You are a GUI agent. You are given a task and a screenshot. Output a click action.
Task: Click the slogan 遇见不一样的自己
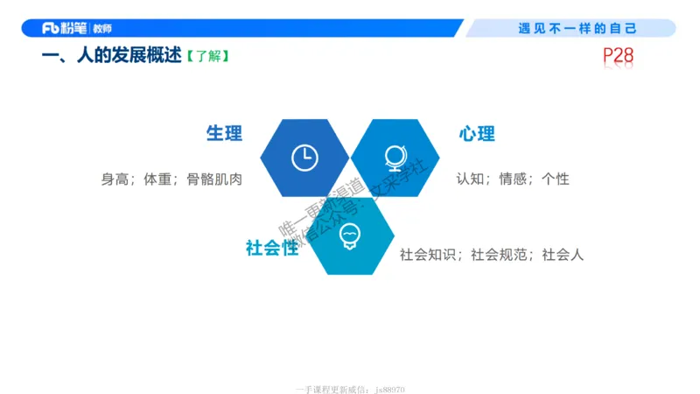tap(577, 29)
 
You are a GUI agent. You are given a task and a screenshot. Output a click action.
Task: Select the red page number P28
tap(618, 58)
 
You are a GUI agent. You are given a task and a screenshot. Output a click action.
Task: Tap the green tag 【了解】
tap(207, 57)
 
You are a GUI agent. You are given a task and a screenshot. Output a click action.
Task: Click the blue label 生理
tap(224, 134)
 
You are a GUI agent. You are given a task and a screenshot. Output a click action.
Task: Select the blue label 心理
tap(476, 134)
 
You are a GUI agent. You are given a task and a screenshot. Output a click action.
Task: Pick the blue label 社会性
tap(272, 248)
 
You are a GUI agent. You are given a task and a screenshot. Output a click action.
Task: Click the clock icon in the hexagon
tap(304, 157)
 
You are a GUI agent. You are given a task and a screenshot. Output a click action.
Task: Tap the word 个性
tap(556, 179)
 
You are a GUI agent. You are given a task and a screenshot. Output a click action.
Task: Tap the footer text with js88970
tap(350, 389)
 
